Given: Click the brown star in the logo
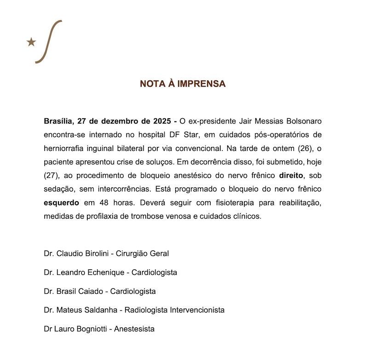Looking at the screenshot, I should coord(31,42).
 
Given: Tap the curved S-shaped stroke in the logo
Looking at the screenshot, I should coord(49,41).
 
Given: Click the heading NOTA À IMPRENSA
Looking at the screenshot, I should coord(183,84).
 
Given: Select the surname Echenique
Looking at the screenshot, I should coord(106,273).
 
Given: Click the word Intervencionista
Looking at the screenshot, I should coord(195,310).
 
